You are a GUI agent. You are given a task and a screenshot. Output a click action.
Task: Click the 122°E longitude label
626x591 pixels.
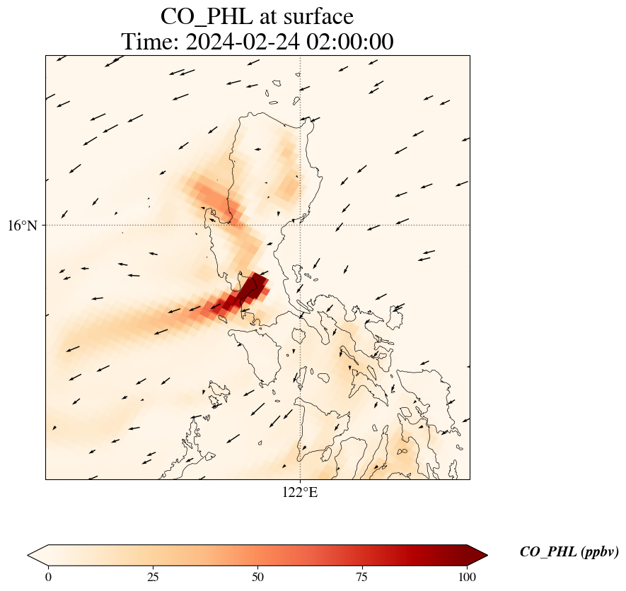click(300, 493)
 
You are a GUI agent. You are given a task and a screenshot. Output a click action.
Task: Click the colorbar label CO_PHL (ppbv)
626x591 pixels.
click(569, 552)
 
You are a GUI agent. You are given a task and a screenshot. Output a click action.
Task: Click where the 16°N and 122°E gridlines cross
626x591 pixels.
click(300, 226)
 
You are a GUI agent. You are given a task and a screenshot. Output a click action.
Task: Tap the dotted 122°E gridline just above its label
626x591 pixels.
click(300, 475)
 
